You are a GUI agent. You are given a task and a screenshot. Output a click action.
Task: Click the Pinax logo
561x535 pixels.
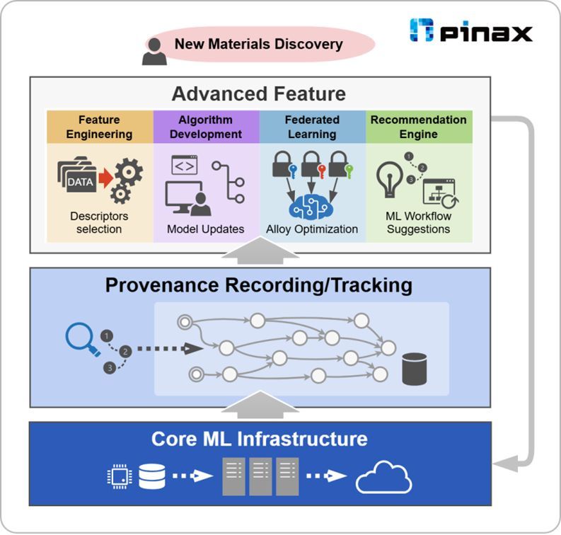pos(470,31)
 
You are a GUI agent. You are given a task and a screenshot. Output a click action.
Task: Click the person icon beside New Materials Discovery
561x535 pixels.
pos(154,51)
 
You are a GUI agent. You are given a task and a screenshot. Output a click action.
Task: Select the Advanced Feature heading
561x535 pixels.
pos(259,93)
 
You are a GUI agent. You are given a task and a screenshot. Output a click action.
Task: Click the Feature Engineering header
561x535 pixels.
pos(100,127)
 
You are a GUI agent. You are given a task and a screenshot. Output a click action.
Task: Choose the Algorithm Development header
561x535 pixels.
pos(206,127)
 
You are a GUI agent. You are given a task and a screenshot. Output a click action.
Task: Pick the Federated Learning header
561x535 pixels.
pos(312,127)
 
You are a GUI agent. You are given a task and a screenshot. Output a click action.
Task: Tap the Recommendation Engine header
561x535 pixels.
pos(419,127)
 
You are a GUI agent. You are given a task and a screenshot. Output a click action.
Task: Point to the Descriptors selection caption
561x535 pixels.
pos(99,222)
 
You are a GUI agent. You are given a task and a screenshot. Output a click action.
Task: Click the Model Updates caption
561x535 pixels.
pos(206,229)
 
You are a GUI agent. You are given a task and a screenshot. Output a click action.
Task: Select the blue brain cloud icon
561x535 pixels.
pos(312,205)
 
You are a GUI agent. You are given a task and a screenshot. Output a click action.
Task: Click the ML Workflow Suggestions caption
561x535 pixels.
pos(419,222)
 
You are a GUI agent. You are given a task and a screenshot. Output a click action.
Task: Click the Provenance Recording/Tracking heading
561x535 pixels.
pos(259,285)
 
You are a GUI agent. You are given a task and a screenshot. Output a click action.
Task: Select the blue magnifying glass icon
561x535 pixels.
pos(79,338)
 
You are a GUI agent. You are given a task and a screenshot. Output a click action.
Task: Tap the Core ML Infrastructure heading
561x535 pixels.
pos(259,438)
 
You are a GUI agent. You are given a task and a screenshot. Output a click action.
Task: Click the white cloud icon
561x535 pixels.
pos(383,478)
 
